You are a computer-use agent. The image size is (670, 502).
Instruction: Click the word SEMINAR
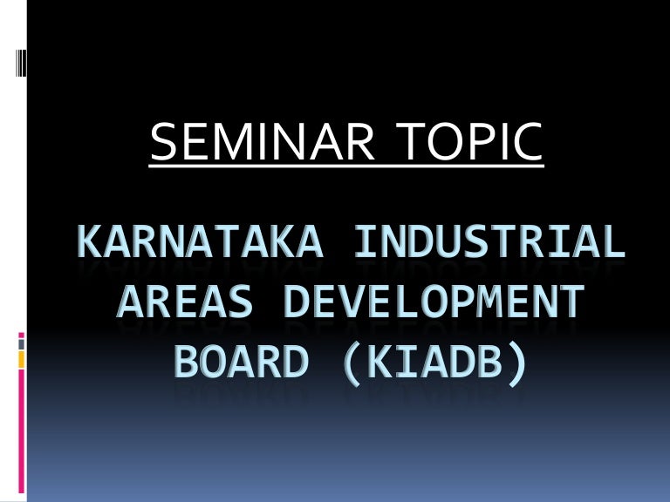pos(261,143)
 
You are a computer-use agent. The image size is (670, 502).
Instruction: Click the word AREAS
pos(182,304)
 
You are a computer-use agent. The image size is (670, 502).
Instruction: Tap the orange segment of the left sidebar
pos(22,358)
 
